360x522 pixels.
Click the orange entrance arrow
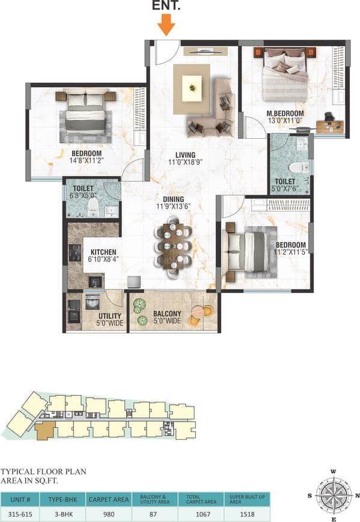[x=166, y=25]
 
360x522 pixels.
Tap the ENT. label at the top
[x=167, y=7]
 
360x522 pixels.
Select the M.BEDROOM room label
[x=285, y=113]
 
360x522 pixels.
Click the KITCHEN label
[x=103, y=252]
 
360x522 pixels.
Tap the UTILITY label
[x=110, y=315]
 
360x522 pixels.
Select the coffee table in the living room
[x=191, y=89]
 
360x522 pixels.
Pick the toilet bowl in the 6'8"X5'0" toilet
[x=93, y=207]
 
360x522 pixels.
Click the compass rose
[x=333, y=495]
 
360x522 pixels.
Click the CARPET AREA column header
[x=109, y=499]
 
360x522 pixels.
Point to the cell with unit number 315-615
[x=22, y=514]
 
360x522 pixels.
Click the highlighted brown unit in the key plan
[x=44, y=431]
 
